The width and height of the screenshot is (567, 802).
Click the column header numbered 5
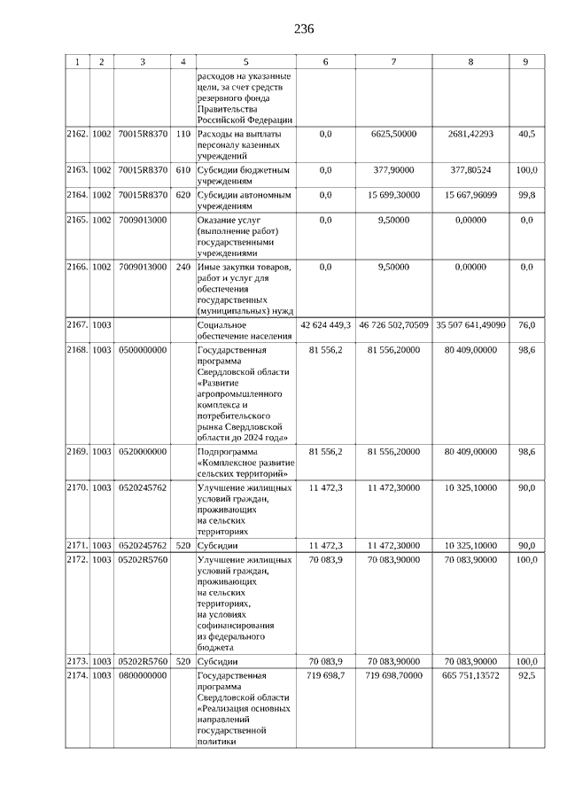245,61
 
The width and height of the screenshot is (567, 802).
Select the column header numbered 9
526,61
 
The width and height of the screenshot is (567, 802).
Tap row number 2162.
77,134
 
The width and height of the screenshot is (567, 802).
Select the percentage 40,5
526,134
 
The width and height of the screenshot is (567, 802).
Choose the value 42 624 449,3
325,325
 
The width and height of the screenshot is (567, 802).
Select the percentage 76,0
526,325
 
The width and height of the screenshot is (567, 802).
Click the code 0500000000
142,350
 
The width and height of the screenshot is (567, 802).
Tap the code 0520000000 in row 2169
142,452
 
